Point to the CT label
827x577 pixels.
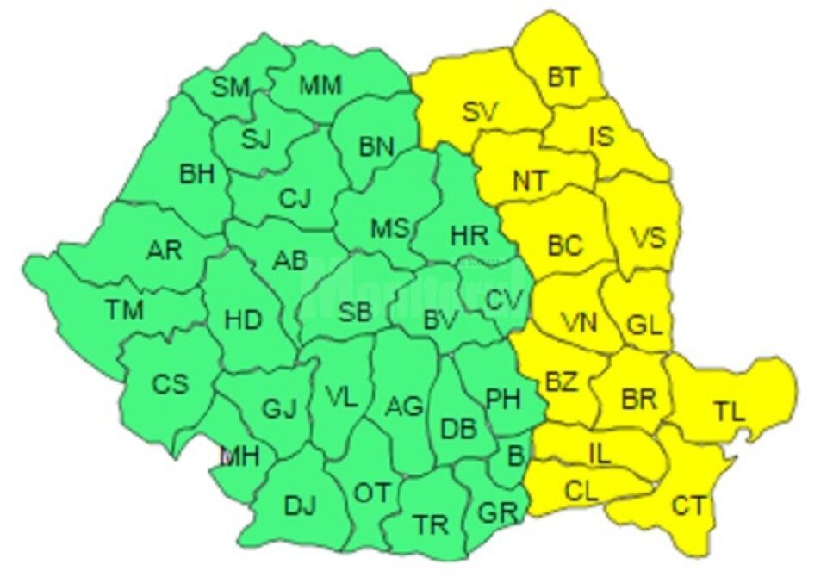click(x=688, y=506)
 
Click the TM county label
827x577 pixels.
click(x=125, y=307)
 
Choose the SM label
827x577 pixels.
click(x=230, y=86)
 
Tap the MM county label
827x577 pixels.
click(x=320, y=85)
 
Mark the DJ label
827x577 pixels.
click(x=299, y=507)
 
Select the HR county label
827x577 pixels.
click(x=469, y=233)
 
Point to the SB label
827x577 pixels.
click(x=354, y=313)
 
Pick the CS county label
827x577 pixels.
click(x=170, y=384)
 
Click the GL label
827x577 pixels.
click(x=644, y=326)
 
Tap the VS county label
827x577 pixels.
click(x=647, y=237)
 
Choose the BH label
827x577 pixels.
click(x=197, y=175)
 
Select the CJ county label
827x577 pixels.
click(x=294, y=200)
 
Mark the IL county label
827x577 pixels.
click(x=599, y=454)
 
